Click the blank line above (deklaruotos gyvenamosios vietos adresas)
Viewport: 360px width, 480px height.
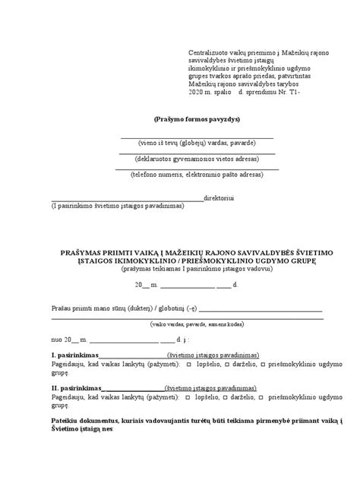(196, 153)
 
